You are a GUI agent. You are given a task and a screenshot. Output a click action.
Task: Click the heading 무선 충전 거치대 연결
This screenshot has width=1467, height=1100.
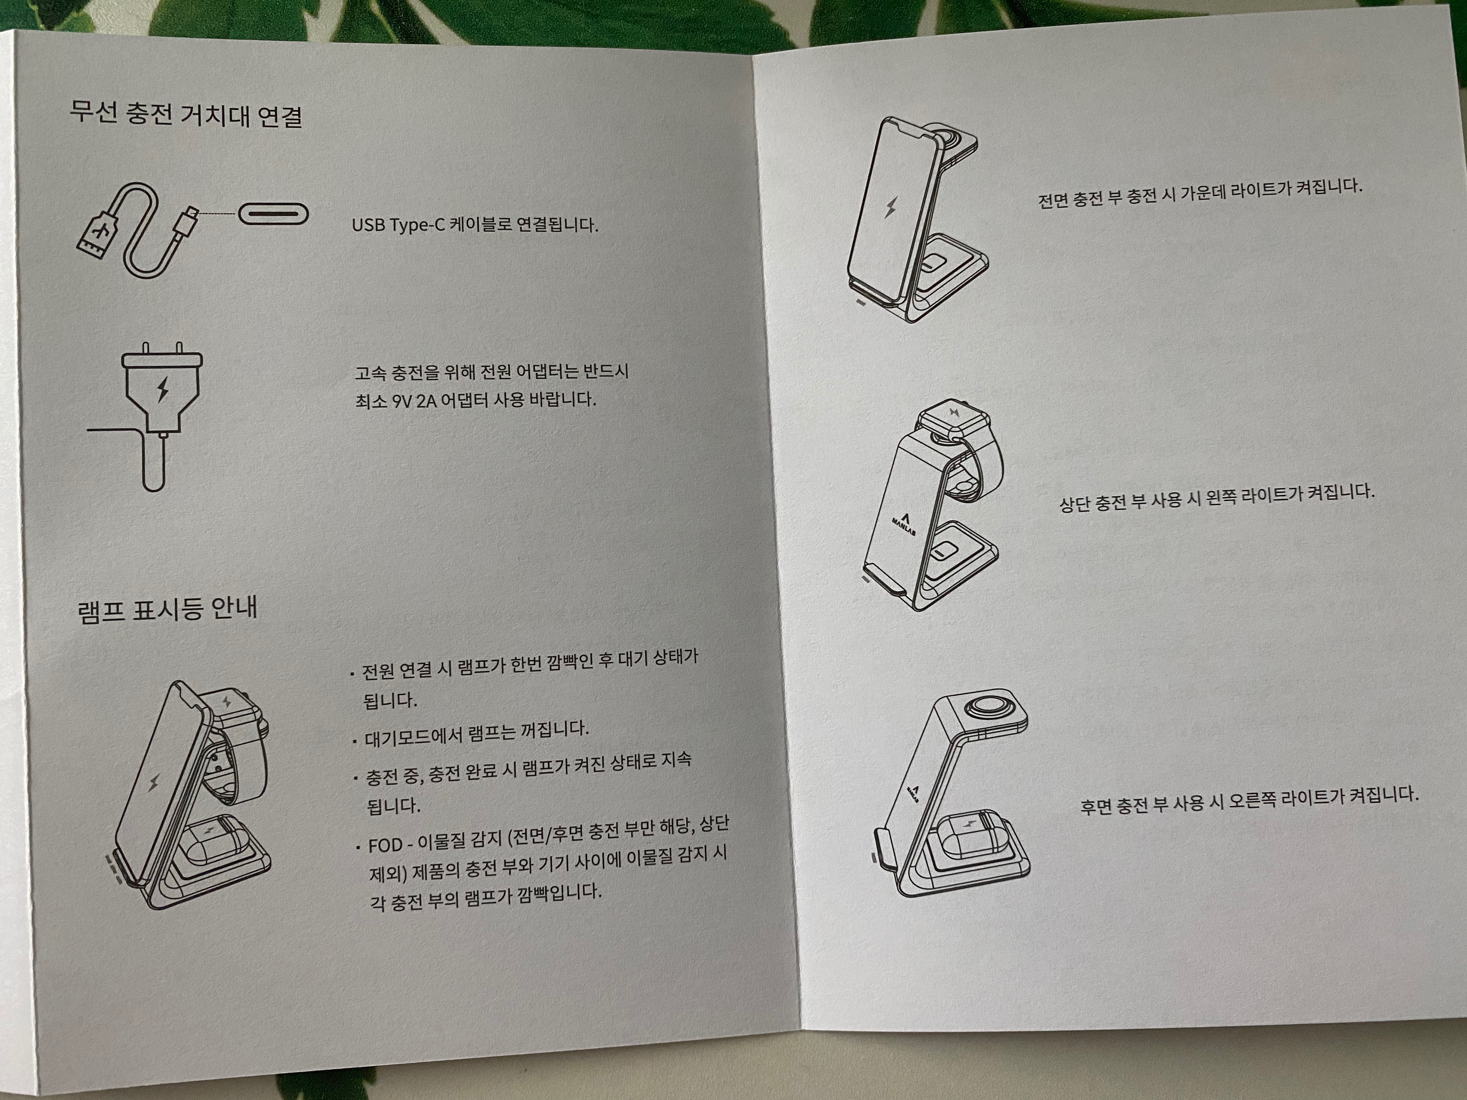pos(186,114)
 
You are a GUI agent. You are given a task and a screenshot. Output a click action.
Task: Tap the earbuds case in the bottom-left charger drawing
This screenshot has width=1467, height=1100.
pos(212,844)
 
